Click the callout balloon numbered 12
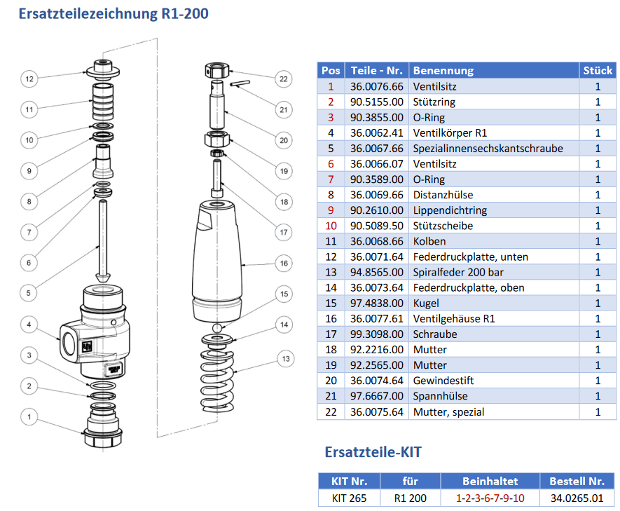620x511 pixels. click(x=29, y=79)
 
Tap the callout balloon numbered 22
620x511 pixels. click(x=283, y=79)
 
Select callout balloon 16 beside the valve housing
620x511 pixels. click(x=283, y=264)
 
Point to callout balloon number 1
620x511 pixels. click(x=29, y=417)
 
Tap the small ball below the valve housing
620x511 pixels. click(x=219, y=327)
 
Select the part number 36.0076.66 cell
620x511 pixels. click(x=377, y=87)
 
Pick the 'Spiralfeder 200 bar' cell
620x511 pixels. click(x=458, y=272)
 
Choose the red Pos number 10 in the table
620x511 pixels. click(x=331, y=226)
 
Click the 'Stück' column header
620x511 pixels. click(x=598, y=70)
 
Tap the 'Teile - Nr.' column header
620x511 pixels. click(x=377, y=70)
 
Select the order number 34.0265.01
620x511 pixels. click(x=577, y=498)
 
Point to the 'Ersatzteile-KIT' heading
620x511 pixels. click(x=373, y=452)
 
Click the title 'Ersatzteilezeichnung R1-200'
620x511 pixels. click(x=113, y=13)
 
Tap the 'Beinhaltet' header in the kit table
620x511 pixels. click(x=490, y=482)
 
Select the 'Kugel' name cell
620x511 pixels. click(x=427, y=303)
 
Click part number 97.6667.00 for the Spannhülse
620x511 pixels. click(x=377, y=396)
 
